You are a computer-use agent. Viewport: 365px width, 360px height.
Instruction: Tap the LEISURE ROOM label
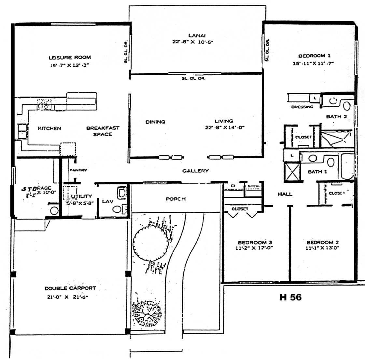(70, 58)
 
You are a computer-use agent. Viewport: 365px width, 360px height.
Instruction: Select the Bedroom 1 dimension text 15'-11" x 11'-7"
(313, 64)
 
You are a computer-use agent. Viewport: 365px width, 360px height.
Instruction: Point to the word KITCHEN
(49, 128)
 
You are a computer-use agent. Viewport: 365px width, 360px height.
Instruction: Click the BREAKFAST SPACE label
(103, 131)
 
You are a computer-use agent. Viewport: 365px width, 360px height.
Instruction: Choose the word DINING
(155, 122)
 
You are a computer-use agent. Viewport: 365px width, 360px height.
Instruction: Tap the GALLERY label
(195, 171)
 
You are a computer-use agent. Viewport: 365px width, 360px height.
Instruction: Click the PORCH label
(176, 199)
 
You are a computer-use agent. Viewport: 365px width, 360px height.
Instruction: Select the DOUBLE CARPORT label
(70, 288)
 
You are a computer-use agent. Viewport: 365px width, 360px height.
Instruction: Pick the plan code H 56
(290, 297)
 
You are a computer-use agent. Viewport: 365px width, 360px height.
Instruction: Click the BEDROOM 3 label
(255, 243)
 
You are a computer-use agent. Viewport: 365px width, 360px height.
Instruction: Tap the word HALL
(285, 194)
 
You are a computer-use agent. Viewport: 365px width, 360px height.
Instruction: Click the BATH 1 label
(317, 172)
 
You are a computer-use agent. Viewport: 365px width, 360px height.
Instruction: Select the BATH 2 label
(336, 117)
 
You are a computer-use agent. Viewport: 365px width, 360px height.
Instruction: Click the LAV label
(107, 202)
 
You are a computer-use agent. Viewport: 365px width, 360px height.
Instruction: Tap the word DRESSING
(302, 107)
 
